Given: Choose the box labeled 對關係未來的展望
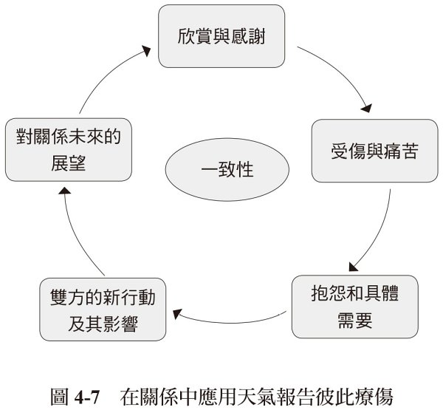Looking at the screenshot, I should [x=69, y=148].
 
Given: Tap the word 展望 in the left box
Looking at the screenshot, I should [x=69, y=161].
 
